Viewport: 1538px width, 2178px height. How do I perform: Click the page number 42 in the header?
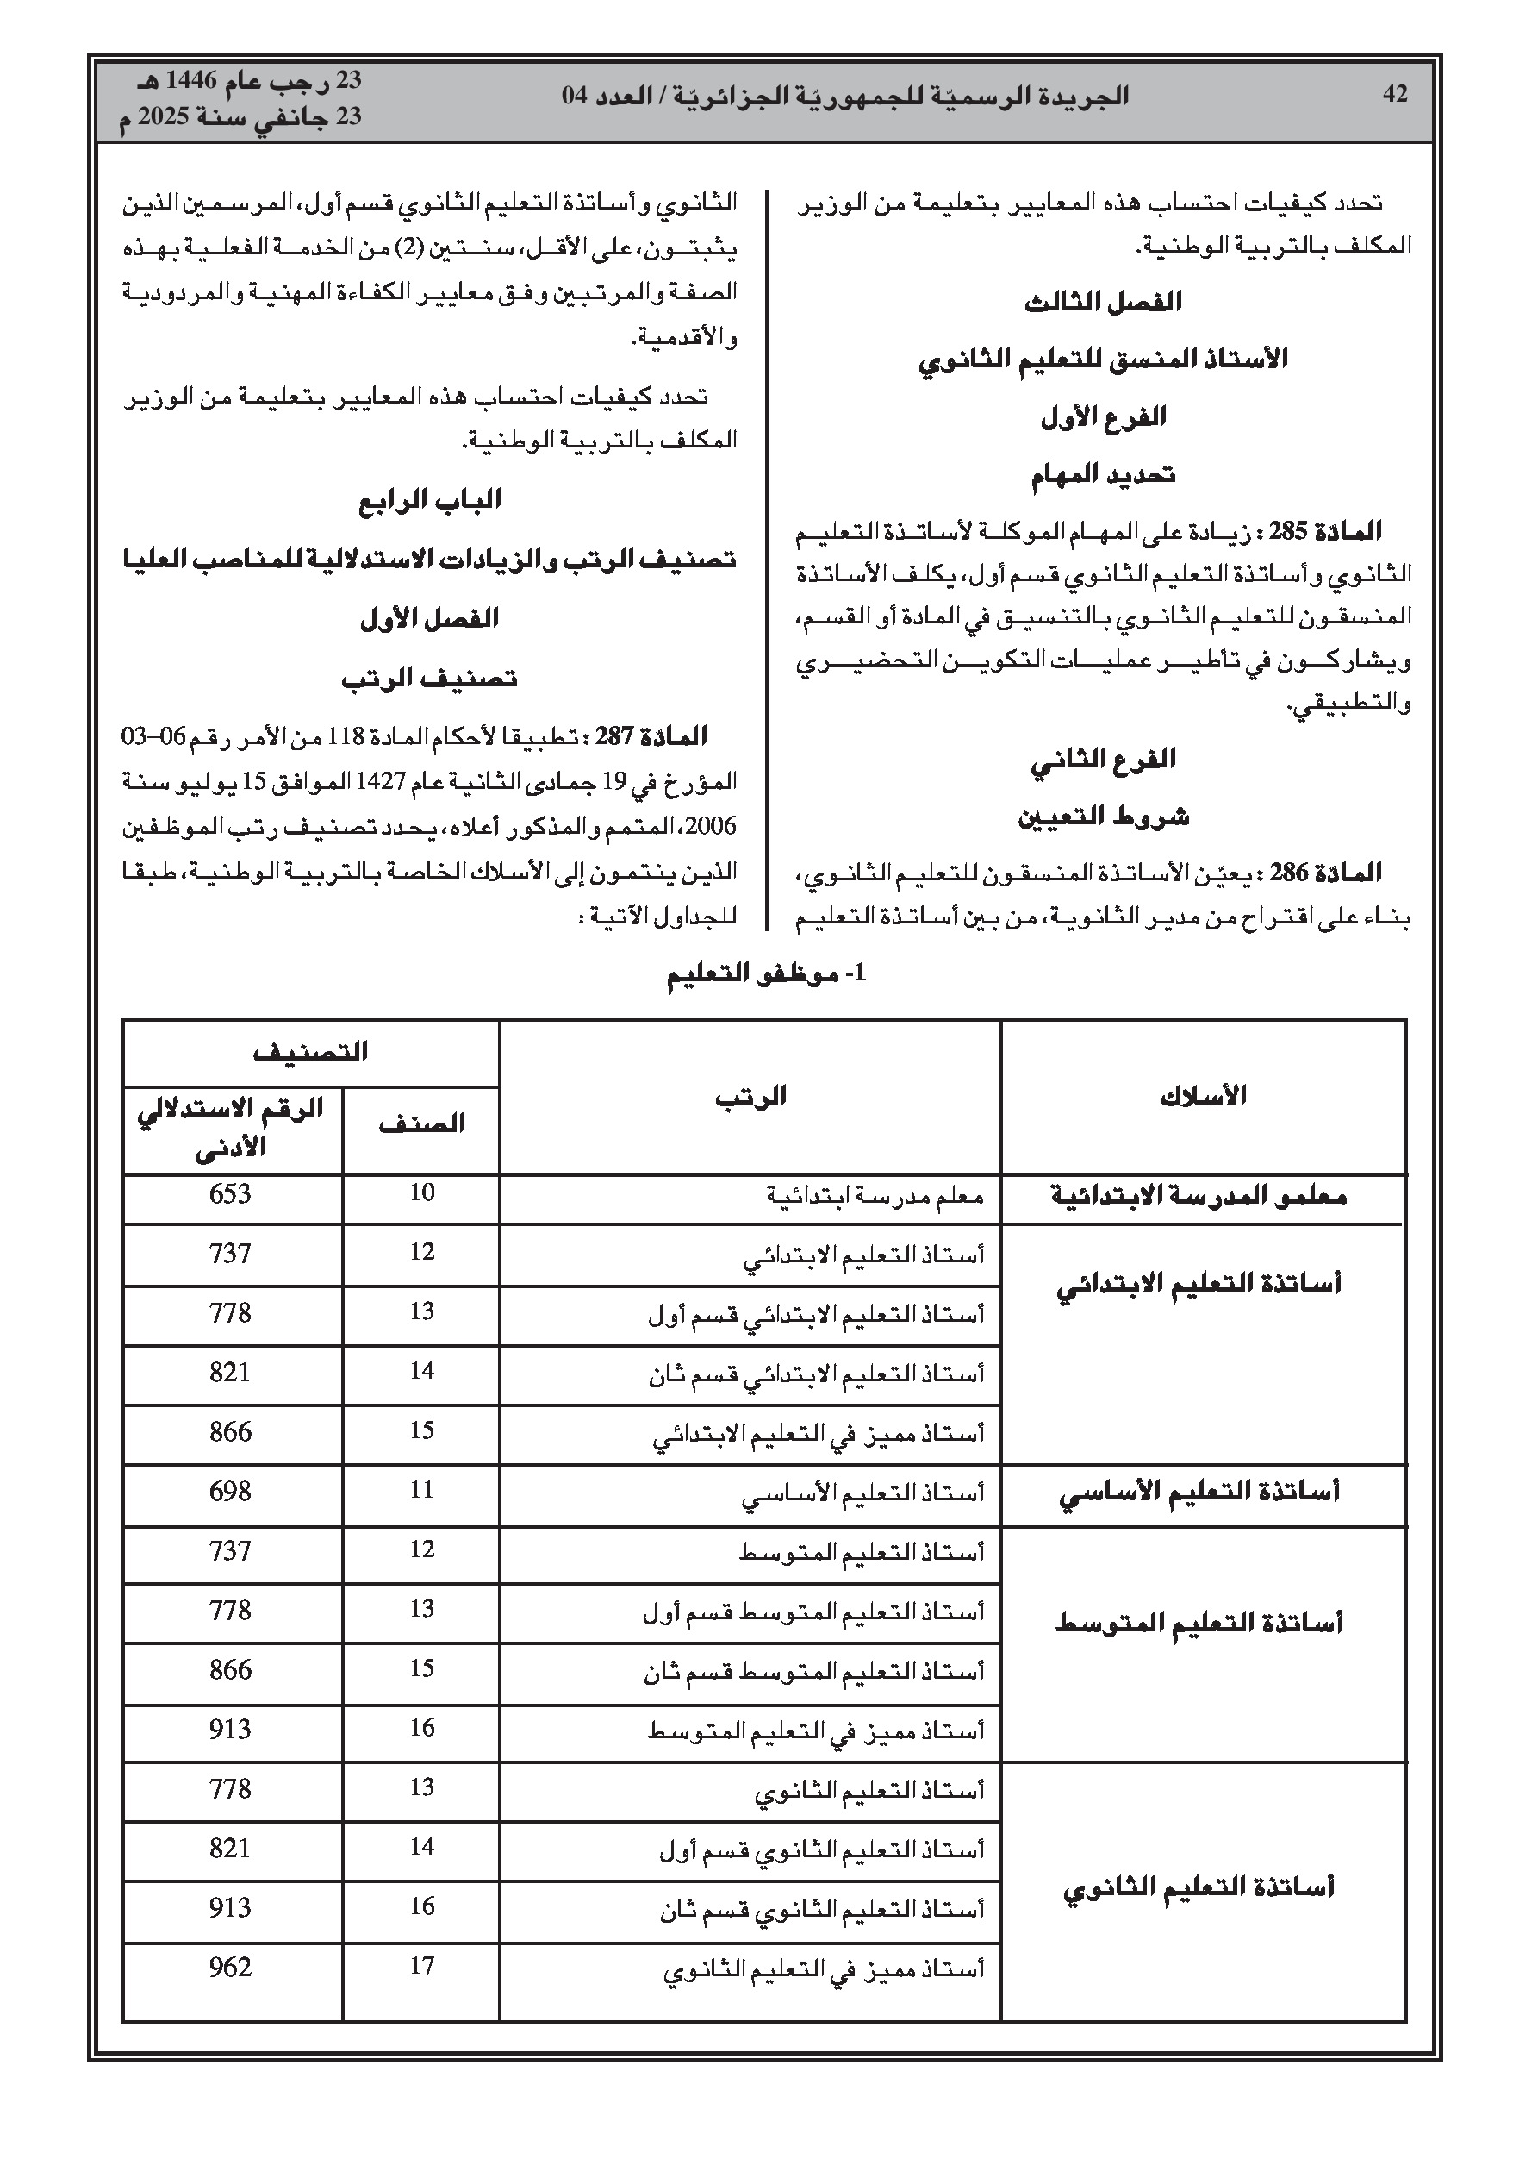tap(1395, 95)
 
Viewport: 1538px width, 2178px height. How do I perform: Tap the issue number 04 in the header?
tap(576, 97)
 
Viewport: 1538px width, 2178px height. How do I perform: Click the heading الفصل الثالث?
tap(1103, 303)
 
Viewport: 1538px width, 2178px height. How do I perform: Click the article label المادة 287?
tap(651, 737)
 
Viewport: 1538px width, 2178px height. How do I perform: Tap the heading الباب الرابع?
tap(430, 500)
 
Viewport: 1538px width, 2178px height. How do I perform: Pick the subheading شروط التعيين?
tap(1104, 817)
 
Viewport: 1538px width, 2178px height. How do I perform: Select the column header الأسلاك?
tap(1202, 1097)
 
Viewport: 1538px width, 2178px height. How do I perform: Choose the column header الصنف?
tap(421, 1124)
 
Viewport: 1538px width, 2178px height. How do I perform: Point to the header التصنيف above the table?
tap(310, 1052)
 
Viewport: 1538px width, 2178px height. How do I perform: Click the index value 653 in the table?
tap(230, 1194)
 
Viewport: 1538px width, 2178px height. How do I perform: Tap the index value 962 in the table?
tap(230, 1968)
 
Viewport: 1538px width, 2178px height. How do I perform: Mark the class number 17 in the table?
tap(422, 1966)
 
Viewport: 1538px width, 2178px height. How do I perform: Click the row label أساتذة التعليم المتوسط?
tap(1199, 1623)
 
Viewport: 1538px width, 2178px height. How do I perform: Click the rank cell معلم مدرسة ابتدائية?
tap(875, 1196)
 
